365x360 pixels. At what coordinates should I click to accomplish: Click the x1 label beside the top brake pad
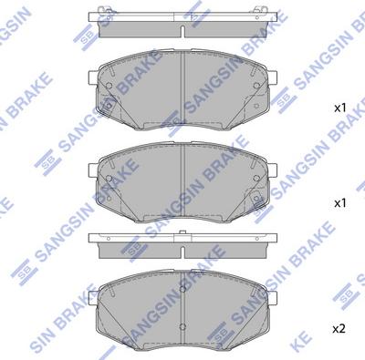(340, 108)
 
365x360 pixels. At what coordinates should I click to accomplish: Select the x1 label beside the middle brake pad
(340, 201)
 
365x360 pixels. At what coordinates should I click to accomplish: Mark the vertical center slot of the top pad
(182, 82)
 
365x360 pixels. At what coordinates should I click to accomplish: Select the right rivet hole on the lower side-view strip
(251, 241)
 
